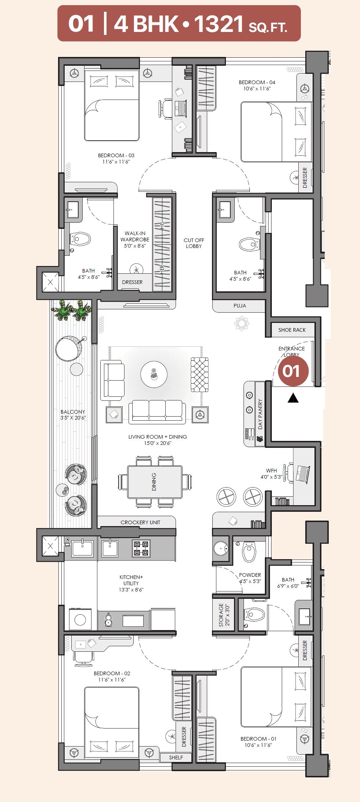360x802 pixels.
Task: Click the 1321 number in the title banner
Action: (219, 24)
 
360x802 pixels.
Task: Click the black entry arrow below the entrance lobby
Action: (293, 398)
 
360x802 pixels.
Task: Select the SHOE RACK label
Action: (292, 330)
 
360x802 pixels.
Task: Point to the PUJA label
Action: (240, 306)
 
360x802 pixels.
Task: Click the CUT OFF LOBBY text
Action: (194, 243)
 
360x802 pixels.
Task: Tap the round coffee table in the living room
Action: (154, 374)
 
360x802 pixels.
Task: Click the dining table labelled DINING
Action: (155, 482)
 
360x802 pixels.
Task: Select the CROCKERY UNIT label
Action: (140, 522)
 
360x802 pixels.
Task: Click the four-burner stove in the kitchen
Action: (141, 549)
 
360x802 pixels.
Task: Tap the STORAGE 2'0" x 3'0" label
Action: (224, 615)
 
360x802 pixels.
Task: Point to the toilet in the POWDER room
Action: (249, 552)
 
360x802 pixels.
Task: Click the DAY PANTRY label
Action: (260, 414)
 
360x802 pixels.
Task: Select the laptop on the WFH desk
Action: (303, 474)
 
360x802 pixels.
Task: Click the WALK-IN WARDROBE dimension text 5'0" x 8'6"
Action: (134, 246)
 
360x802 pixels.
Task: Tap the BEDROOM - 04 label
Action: (257, 82)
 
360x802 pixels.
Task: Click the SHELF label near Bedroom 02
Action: (176, 757)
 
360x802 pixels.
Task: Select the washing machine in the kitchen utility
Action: (80, 620)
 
